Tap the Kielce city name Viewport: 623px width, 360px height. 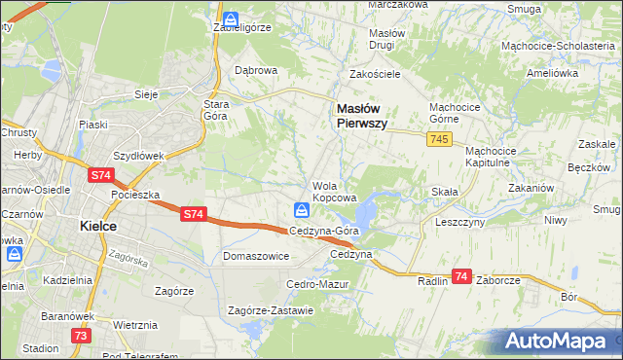(x=97, y=226)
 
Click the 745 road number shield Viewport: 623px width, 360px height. (x=437, y=141)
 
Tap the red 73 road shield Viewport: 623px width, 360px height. (x=81, y=335)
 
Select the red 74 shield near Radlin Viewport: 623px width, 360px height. (x=461, y=276)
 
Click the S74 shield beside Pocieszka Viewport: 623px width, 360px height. (x=100, y=175)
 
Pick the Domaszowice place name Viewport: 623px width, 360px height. (x=256, y=257)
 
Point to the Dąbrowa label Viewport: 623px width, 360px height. (x=257, y=71)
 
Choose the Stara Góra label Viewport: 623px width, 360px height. (x=214, y=109)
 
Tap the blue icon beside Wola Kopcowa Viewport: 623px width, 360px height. (x=302, y=209)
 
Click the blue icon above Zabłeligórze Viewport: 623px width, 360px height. (x=231, y=18)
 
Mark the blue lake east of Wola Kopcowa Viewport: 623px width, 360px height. (x=367, y=208)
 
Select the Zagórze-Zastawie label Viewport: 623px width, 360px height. (x=271, y=311)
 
